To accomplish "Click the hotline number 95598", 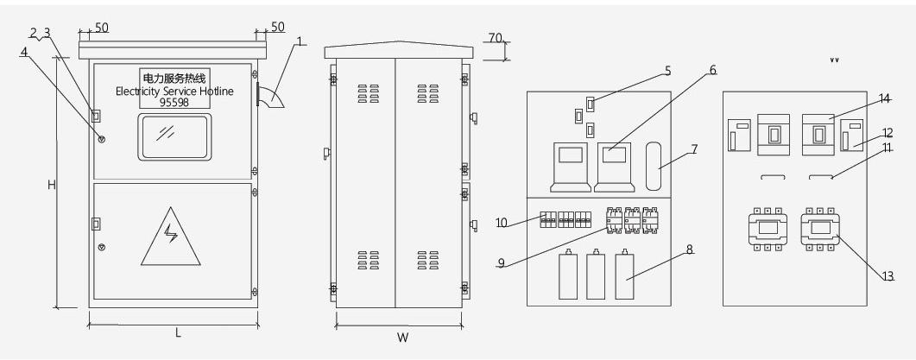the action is pyautogui.click(x=174, y=102).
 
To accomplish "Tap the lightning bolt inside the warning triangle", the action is pyautogui.click(x=171, y=234).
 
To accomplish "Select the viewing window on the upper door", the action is pyautogui.click(x=174, y=136).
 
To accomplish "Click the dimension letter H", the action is pyautogui.click(x=52, y=185).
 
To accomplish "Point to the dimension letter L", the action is pyautogui.click(x=178, y=333).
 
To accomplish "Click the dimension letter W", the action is pyautogui.click(x=402, y=338).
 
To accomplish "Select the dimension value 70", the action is pyautogui.click(x=495, y=38).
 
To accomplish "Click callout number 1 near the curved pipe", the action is pyautogui.click(x=300, y=41).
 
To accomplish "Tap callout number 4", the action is pyautogui.click(x=24, y=52).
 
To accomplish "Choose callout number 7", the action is pyautogui.click(x=694, y=149).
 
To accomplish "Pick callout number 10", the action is pyautogui.click(x=502, y=223).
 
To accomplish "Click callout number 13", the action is pyautogui.click(x=888, y=276).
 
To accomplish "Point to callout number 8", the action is pyautogui.click(x=689, y=249).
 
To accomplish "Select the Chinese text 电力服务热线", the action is pyautogui.click(x=174, y=78).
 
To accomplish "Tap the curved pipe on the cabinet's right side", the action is pyautogui.click(x=269, y=97).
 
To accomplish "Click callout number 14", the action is pyautogui.click(x=885, y=99).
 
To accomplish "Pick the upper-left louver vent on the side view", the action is pyautogui.click(x=368, y=93).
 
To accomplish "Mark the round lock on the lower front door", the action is pyautogui.click(x=102, y=248).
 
